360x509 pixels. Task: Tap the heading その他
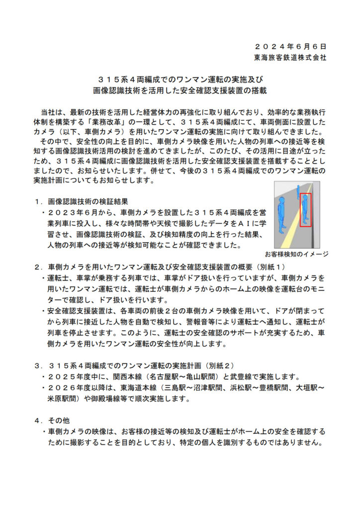click(60, 420)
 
